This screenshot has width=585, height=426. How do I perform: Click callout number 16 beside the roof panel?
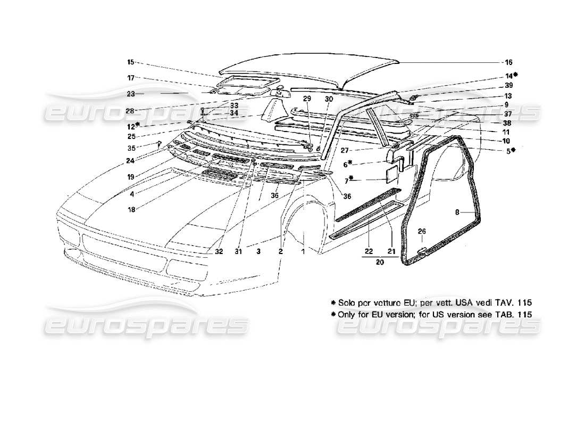coord(508,62)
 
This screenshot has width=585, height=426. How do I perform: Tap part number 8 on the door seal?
coord(457,212)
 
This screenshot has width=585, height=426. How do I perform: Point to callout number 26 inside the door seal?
coord(421,231)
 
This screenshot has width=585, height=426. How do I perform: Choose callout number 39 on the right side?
coord(508,86)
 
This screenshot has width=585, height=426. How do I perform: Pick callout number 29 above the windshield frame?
coord(307,99)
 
